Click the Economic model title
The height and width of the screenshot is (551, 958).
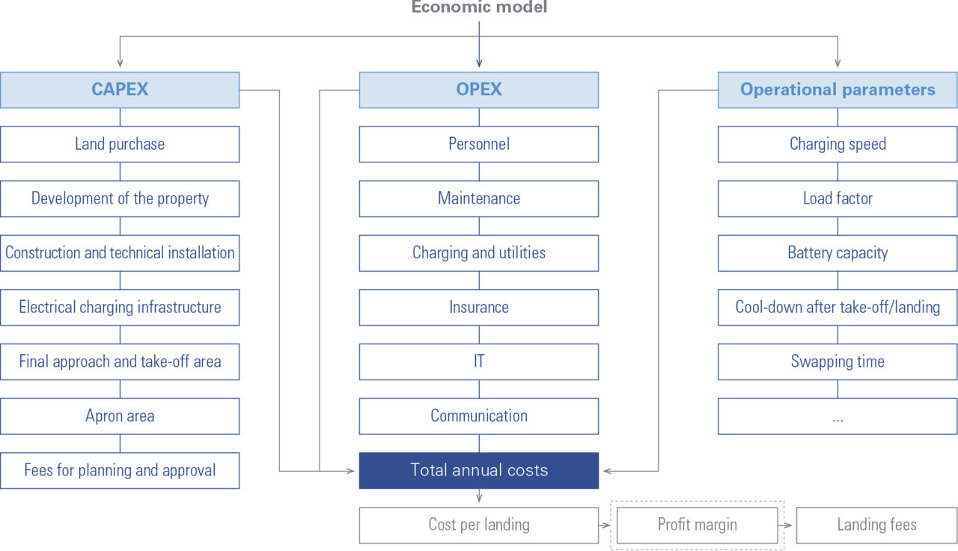479,7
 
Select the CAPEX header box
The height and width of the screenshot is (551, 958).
120,90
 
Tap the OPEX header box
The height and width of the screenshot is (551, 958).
479,90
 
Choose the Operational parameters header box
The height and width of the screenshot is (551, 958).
838,90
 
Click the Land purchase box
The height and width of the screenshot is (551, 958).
120,144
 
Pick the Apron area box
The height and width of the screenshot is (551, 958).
120,416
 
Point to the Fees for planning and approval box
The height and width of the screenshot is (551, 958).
120,471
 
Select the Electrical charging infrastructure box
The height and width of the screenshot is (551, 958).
120,308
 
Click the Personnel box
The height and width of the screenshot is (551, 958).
479,144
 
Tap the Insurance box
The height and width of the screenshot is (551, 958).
479,308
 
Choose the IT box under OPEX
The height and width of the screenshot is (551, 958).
479,362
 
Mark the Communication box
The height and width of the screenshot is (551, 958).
479,416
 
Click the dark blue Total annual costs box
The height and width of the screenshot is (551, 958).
479,471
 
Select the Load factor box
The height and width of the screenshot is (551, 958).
838,198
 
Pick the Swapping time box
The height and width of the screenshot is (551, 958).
838,362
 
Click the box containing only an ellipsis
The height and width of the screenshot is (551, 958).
838,416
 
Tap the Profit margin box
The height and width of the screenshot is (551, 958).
697,526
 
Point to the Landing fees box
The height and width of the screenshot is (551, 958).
876,526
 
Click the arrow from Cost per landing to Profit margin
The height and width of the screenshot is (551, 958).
605,526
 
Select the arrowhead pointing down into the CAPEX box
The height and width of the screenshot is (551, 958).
120,64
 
